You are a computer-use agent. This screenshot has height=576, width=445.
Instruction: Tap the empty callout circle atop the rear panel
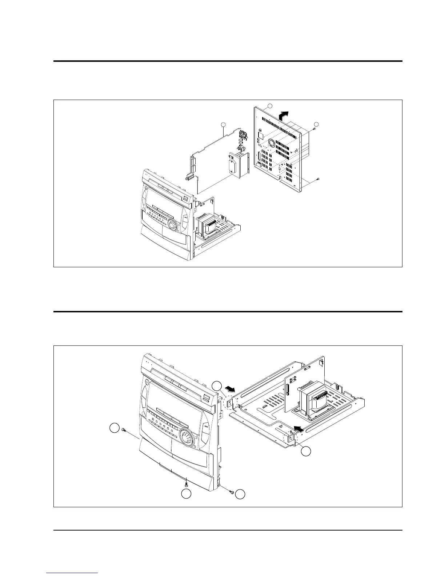point(269,106)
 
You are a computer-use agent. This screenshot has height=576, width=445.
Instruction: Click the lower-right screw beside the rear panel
point(318,179)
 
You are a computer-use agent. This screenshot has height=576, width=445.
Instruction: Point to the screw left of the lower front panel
point(125,429)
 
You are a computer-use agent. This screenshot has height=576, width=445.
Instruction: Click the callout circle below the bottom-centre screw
point(187,494)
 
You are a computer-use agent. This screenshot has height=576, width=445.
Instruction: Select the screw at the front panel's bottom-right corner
point(231,492)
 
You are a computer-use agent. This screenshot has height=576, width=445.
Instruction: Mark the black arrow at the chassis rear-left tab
point(230,388)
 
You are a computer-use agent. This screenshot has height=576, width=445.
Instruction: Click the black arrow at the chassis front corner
point(298,429)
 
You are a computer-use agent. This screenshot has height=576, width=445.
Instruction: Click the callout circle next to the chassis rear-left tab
point(217,386)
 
